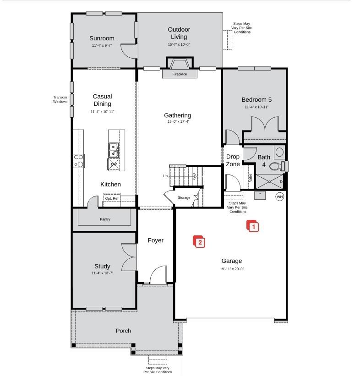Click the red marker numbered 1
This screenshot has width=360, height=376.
coord(253,226)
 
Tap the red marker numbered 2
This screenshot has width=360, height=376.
coord(199,242)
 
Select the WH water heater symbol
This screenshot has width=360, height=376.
coord(279,196)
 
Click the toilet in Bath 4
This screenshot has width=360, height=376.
coord(277,166)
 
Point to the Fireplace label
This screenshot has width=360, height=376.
coord(180,74)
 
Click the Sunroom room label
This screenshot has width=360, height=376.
coord(102,38)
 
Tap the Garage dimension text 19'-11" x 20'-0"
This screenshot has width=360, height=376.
coord(232,269)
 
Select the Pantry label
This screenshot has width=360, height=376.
coord(105,219)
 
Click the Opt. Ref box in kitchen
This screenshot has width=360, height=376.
coord(112,198)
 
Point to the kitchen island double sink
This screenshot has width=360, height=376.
coord(114,149)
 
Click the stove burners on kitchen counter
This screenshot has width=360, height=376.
coord(79,160)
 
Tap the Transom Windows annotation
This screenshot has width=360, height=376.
coord(60,99)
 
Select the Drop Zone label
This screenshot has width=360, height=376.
coord(233,160)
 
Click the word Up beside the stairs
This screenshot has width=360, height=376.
coord(165,176)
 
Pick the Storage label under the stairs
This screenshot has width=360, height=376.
coord(184,197)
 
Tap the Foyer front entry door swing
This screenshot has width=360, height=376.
coord(158,275)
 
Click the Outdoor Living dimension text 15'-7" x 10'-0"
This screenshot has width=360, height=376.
coord(179,44)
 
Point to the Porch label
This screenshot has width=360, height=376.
coord(123,331)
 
